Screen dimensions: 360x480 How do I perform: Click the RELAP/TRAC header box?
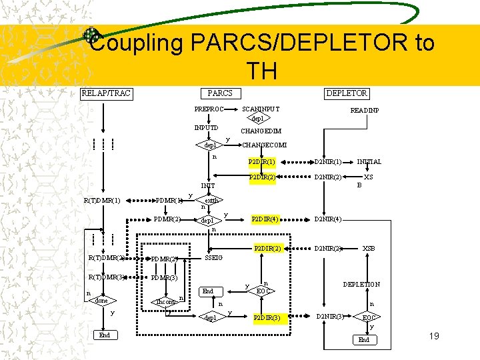106,93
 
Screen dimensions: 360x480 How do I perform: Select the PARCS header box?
220,93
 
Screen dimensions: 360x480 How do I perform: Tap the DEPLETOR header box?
347,93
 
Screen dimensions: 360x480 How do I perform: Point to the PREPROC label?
209,109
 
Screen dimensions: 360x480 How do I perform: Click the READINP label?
365,110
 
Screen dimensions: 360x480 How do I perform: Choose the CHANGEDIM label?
261,131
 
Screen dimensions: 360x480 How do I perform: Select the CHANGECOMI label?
264,145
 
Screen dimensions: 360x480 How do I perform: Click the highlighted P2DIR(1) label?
262,162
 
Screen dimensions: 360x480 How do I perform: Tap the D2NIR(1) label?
328,162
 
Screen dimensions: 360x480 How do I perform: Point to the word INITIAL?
369,162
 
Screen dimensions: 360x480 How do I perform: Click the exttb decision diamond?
212,199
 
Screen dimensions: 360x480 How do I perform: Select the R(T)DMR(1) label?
102,199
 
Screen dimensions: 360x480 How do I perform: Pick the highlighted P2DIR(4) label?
265,219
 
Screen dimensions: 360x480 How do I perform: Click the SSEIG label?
214,257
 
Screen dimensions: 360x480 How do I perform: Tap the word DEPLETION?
361,284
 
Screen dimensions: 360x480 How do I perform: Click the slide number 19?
434,336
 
